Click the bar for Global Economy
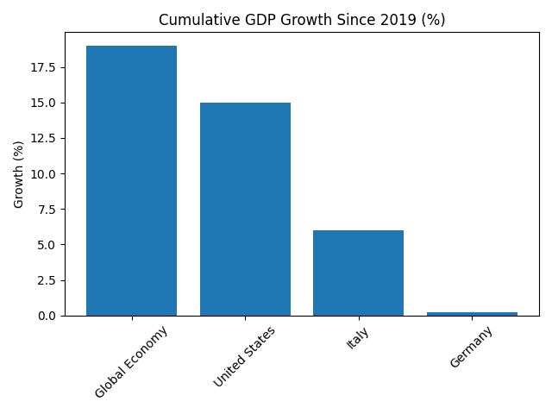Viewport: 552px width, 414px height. [131, 181]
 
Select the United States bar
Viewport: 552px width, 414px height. [245, 210]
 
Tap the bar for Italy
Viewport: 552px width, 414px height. [358, 273]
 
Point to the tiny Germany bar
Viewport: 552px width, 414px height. [472, 314]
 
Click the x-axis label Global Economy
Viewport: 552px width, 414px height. [131, 361]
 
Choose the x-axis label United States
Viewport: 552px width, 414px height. [244, 356]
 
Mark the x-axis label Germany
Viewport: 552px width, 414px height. [471, 347]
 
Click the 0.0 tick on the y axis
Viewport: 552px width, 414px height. [47, 316]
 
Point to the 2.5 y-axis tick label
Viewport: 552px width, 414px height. [47, 280]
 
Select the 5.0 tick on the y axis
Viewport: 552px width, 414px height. [47, 245]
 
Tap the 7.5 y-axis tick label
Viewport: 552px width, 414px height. [47, 210]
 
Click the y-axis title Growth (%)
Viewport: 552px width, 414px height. [19, 174]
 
